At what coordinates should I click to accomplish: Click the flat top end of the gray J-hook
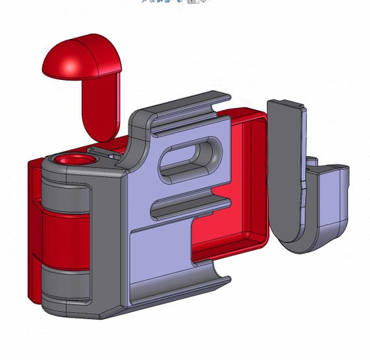click(286, 105)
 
